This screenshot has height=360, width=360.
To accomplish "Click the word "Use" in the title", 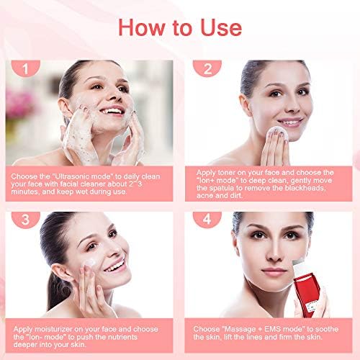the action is [221, 27].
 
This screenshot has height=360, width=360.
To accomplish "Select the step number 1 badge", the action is [25, 68].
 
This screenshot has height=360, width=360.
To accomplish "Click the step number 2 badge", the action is [207, 68].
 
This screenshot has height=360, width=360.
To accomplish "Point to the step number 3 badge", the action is [25, 219].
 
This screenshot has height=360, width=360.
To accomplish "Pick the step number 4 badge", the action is [207, 219].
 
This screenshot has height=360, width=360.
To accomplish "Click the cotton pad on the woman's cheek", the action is [279, 134].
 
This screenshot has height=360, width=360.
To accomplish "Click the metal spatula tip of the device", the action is [298, 263].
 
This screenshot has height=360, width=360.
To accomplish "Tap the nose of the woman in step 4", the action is [274, 253].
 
